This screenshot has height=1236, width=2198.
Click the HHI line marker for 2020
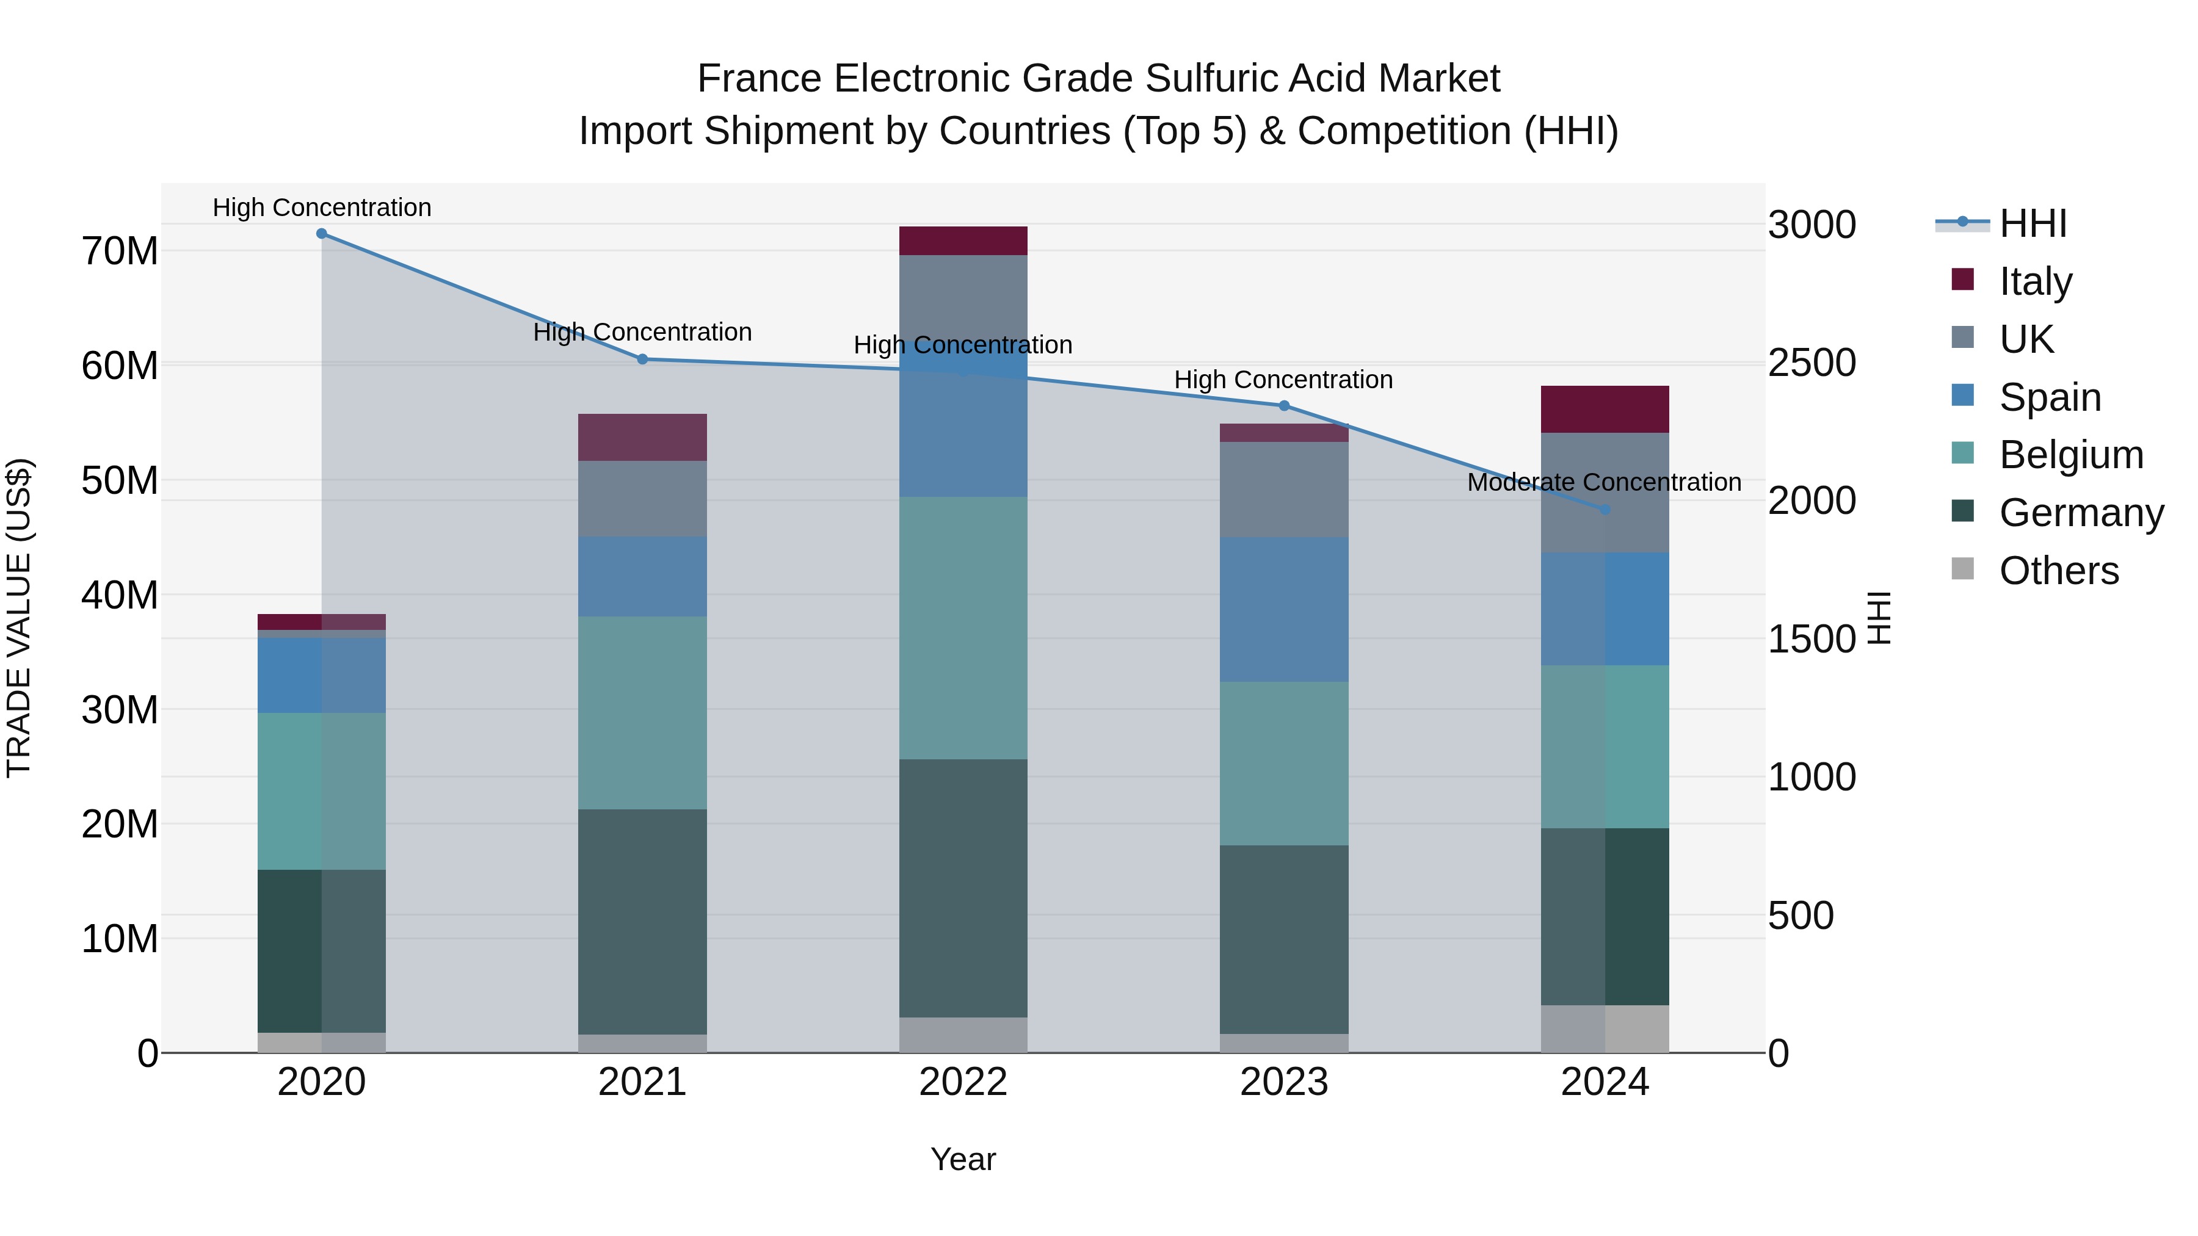coord(322,234)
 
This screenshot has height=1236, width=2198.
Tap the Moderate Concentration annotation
coord(1603,482)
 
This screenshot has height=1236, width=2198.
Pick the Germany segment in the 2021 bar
coord(642,921)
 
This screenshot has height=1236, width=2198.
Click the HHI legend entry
coord(2031,223)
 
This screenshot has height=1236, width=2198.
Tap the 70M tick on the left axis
coord(120,251)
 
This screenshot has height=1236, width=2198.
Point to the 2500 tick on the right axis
coord(1811,363)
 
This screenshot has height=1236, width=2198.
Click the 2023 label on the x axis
coord(1283,1082)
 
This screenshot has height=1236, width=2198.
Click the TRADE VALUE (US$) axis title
coord(19,618)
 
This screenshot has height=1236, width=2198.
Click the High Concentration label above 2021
coord(642,332)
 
